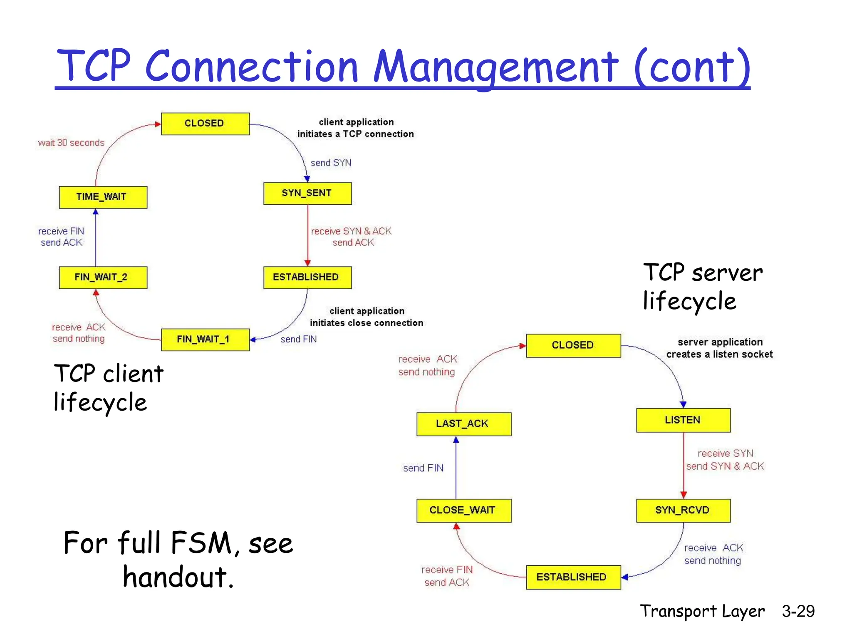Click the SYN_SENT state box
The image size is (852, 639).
point(307,193)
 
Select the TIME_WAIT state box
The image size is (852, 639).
point(103,197)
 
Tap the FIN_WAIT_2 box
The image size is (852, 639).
point(103,277)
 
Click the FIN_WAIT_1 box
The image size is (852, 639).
point(205,339)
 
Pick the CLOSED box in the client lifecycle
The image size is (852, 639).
point(205,124)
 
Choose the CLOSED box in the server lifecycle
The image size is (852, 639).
point(573,345)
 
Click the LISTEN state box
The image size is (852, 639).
point(683,420)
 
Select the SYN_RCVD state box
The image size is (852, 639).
point(683,510)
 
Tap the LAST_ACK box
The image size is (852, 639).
point(463,424)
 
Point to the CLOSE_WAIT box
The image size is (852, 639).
point(463,510)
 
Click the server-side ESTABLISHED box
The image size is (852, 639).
point(573,577)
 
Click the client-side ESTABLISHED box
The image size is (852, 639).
point(307,277)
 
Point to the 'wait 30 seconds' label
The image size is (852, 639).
point(71,143)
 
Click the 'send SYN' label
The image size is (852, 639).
point(331,163)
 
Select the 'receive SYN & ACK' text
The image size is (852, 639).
point(351,231)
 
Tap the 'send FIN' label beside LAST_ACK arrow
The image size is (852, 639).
point(423,468)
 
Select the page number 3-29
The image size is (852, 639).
point(798,611)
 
